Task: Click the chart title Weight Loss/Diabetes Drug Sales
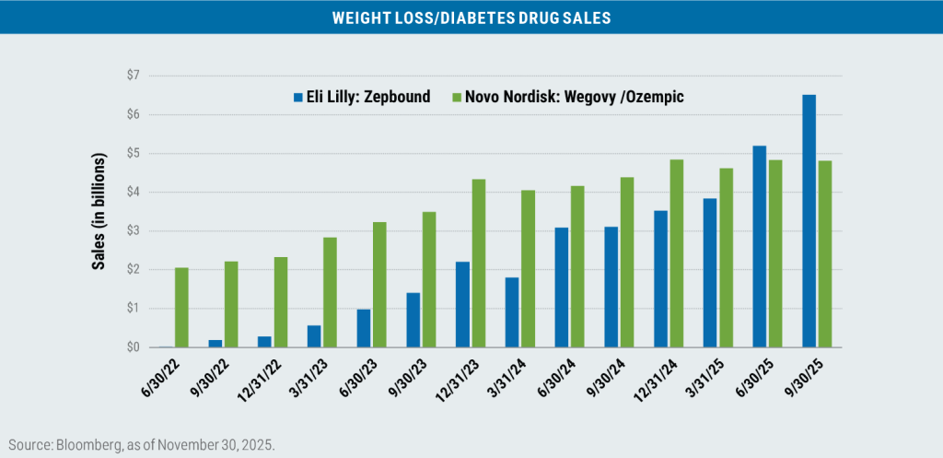pyautogui.click(x=471, y=18)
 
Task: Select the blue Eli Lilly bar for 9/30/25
pyautogui.click(x=809, y=221)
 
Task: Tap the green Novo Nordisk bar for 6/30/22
pyautogui.click(x=181, y=308)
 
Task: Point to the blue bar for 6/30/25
pyautogui.click(x=759, y=247)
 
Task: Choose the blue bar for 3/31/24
pyautogui.click(x=512, y=312)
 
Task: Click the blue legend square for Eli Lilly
pyautogui.click(x=297, y=96)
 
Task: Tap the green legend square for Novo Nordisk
pyautogui.click(x=457, y=96)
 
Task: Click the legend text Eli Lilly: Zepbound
pyautogui.click(x=368, y=96)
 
